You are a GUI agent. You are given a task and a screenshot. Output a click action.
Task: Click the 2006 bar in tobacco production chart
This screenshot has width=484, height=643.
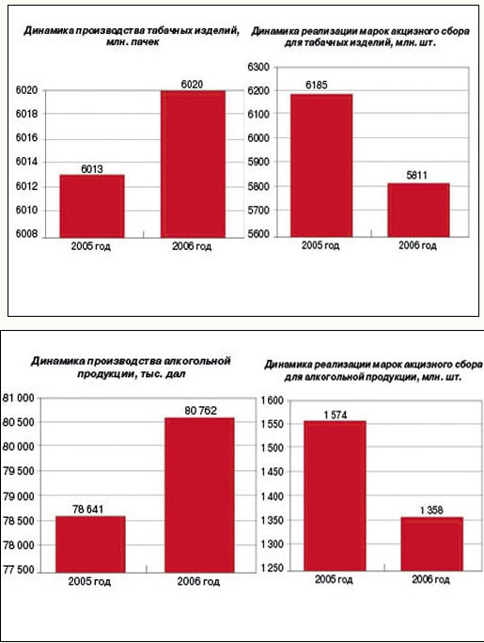point(193,164)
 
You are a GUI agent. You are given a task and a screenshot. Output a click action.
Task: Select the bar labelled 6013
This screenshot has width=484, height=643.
point(92,206)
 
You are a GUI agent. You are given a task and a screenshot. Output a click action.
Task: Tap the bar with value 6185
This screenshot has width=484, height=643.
point(321,165)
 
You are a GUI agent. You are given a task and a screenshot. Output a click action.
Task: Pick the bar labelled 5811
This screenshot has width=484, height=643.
point(418,210)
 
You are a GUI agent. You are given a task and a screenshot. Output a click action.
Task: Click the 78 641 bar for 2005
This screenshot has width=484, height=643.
point(90,544)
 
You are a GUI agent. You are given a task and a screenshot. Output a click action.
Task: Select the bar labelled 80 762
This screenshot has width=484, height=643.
point(199,495)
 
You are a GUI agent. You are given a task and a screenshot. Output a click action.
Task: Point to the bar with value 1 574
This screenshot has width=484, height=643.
point(335,495)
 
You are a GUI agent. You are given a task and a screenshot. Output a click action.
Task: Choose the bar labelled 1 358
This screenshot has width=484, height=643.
point(432,543)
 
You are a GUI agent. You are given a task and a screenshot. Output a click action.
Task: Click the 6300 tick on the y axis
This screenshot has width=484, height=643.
point(258,67)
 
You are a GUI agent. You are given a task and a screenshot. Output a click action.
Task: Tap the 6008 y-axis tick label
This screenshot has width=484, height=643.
point(26,234)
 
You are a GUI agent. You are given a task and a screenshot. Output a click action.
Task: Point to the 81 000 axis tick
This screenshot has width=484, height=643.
point(19,398)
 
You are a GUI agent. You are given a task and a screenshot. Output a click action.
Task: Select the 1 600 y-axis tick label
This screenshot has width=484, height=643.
point(273,400)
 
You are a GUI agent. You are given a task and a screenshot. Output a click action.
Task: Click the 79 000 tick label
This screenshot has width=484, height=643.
point(19,496)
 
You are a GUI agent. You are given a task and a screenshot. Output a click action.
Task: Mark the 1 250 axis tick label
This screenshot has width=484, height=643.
point(273,569)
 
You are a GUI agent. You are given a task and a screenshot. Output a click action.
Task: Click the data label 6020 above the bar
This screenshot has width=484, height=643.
point(192,85)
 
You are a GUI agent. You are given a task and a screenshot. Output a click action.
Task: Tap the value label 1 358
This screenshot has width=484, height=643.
point(431,510)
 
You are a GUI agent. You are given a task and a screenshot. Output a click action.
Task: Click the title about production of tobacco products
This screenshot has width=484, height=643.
point(132,36)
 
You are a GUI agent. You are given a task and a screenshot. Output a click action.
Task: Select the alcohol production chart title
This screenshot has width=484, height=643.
point(131,367)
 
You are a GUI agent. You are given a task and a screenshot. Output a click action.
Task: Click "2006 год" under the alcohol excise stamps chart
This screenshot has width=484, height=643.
point(430,579)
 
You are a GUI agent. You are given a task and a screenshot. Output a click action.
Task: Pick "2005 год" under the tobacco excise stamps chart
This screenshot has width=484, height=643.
point(320,245)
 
